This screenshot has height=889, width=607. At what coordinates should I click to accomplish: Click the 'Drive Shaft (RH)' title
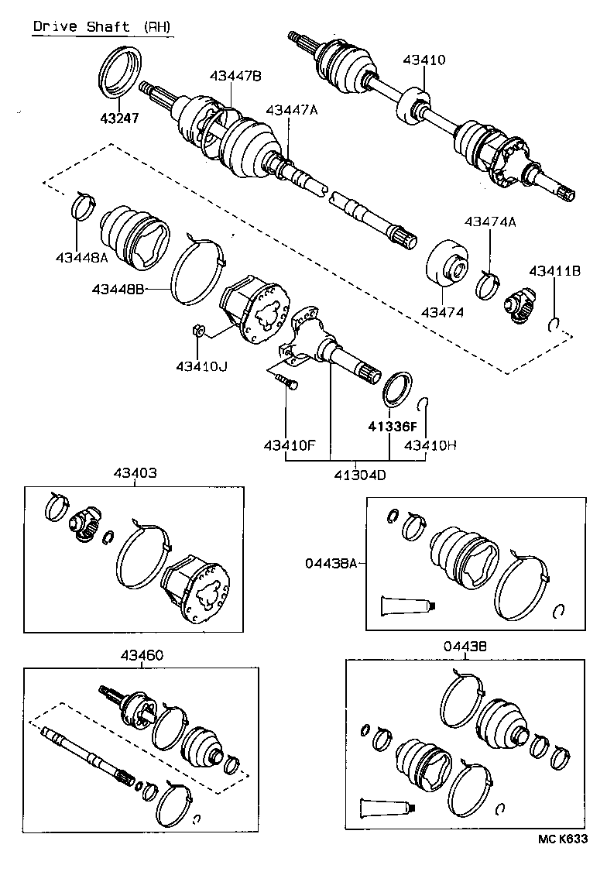[102, 27]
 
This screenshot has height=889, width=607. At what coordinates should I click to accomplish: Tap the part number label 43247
[118, 118]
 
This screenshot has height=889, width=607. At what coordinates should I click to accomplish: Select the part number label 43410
[424, 60]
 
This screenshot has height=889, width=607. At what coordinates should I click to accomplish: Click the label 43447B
[235, 75]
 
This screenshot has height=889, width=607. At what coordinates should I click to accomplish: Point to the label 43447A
[291, 110]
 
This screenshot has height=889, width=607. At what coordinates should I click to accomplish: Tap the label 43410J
[201, 365]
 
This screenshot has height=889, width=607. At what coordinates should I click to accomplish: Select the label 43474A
[489, 221]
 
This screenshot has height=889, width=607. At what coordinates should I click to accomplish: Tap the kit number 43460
[141, 654]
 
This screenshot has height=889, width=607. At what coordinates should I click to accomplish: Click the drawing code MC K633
[564, 839]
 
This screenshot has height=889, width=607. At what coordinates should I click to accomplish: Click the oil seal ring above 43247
[121, 71]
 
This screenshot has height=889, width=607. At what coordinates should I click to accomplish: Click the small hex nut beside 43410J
[197, 331]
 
